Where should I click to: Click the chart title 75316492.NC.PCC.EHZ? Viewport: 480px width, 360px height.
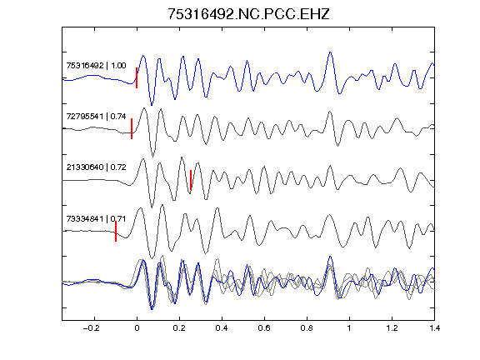click(248, 14)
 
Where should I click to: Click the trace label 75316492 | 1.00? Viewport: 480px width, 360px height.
click(96, 66)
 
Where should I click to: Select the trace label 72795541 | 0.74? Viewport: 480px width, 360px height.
click(96, 117)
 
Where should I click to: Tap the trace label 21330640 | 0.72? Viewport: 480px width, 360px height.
click(96, 167)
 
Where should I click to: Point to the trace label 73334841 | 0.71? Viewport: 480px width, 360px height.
click(96, 218)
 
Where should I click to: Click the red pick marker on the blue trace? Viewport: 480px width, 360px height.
click(137, 77)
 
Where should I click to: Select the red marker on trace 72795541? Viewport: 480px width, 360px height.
click(132, 129)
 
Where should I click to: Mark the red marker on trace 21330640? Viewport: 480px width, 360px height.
click(191, 180)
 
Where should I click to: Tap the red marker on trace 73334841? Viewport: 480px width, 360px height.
click(116, 232)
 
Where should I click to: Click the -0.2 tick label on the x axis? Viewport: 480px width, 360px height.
click(92, 328)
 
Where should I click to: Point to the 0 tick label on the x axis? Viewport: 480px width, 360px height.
click(137, 328)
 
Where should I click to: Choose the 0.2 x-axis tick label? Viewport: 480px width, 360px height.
click(179, 328)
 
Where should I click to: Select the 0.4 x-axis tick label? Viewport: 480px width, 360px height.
click(222, 328)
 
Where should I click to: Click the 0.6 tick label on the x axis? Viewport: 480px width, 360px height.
click(264, 328)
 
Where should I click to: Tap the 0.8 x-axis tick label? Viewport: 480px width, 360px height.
click(307, 328)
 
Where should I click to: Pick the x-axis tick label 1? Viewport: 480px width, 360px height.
click(349, 328)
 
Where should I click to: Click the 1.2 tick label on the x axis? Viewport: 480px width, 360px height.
click(392, 328)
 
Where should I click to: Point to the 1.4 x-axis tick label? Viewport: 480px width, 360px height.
click(434, 328)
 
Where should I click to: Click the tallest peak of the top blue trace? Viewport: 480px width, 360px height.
click(330, 52)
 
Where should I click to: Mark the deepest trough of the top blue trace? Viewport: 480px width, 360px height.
click(152, 105)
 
